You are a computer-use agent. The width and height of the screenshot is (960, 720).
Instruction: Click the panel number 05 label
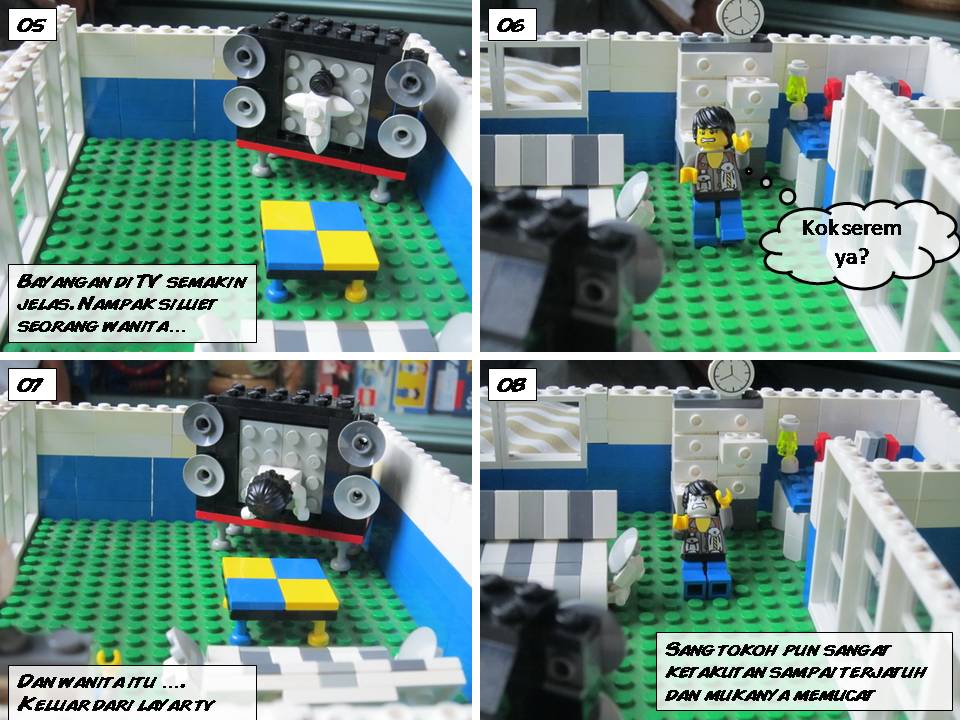click(32, 25)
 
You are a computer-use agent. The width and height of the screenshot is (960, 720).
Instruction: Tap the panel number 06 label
click(512, 25)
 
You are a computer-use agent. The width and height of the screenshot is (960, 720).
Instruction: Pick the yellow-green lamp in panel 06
click(797, 89)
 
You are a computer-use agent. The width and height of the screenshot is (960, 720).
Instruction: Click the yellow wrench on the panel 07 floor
click(109, 656)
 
